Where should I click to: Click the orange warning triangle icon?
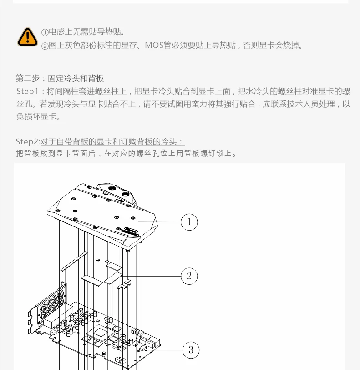pos(28,37)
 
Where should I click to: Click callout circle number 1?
pos(189,222)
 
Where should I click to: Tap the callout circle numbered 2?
pos(189,276)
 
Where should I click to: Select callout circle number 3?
pos(191,350)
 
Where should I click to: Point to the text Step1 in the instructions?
pos(26,91)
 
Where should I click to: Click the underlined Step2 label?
pos(27,142)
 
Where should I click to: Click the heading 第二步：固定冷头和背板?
pos(60,78)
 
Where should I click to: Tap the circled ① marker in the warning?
pos(45,32)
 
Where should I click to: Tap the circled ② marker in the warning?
pos(45,46)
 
